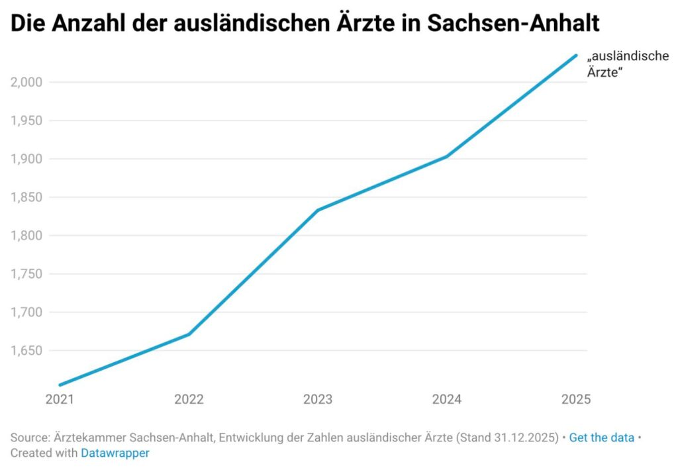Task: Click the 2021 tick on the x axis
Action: pos(60,400)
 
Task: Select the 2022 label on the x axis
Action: pos(189,400)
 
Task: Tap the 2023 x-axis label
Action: pos(318,400)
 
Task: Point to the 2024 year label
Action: pos(447,400)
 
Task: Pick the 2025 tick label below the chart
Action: pos(575,400)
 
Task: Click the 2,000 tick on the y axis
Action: pos(27,82)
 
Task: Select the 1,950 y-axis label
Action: pos(27,120)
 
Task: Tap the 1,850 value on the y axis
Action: pos(27,197)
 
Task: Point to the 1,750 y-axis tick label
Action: pos(27,274)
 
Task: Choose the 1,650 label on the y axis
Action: pos(27,351)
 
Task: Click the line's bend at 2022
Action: pos(189,334)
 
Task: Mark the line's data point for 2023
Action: pos(318,211)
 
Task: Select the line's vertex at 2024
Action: pos(447,157)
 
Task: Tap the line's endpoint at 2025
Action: pos(576,56)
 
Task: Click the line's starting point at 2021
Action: pos(60,385)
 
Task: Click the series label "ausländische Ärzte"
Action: pos(628,65)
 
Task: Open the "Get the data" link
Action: pos(601,438)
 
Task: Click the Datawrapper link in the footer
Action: pos(115,453)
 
